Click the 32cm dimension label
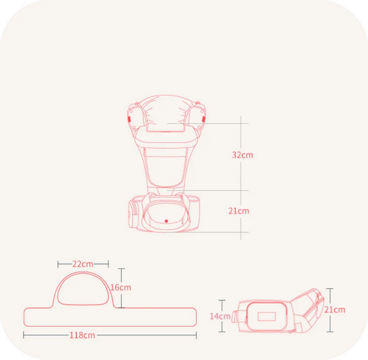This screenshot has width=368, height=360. pyautogui.click(x=242, y=155)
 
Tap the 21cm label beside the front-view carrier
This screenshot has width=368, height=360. pyautogui.click(x=239, y=211)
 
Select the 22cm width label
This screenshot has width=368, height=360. pyautogui.click(x=83, y=264)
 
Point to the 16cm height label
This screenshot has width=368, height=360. pyautogui.click(x=121, y=287)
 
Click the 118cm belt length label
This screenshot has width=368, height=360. pyautogui.click(x=82, y=335)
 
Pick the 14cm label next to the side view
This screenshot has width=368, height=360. pyautogui.click(x=220, y=317)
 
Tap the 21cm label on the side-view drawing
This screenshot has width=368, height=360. pyautogui.click(x=335, y=310)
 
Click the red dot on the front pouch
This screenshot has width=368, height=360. pyautogui.click(x=166, y=221)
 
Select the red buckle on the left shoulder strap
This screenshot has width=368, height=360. pyautogui.click(x=129, y=119)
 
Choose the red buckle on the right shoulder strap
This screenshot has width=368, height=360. pyautogui.click(x=203, y=119)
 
